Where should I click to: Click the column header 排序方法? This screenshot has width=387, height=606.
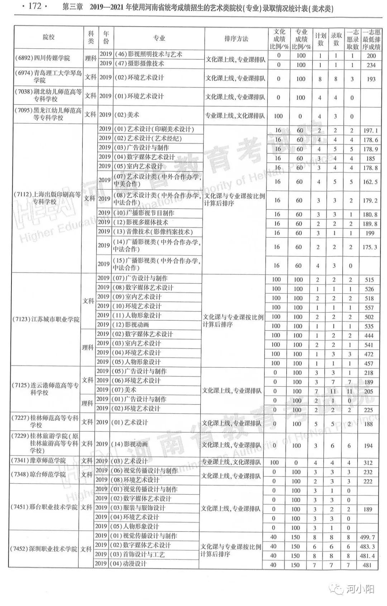coord(236,39)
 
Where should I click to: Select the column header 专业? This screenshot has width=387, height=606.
coord(159,38)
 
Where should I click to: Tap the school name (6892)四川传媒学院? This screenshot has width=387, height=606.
coord(43,58)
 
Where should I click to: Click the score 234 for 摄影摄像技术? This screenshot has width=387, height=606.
coord(371,65)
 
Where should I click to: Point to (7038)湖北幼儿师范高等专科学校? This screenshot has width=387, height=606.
coord(48,95)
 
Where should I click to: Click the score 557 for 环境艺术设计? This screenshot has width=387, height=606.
coord(369,307)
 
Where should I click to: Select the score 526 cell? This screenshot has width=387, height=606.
coord(369,289)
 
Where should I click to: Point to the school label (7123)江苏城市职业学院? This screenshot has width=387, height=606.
coord(46,319)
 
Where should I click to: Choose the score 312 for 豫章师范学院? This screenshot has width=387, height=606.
coord(368,463)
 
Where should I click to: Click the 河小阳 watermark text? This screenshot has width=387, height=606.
coord(359,589)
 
